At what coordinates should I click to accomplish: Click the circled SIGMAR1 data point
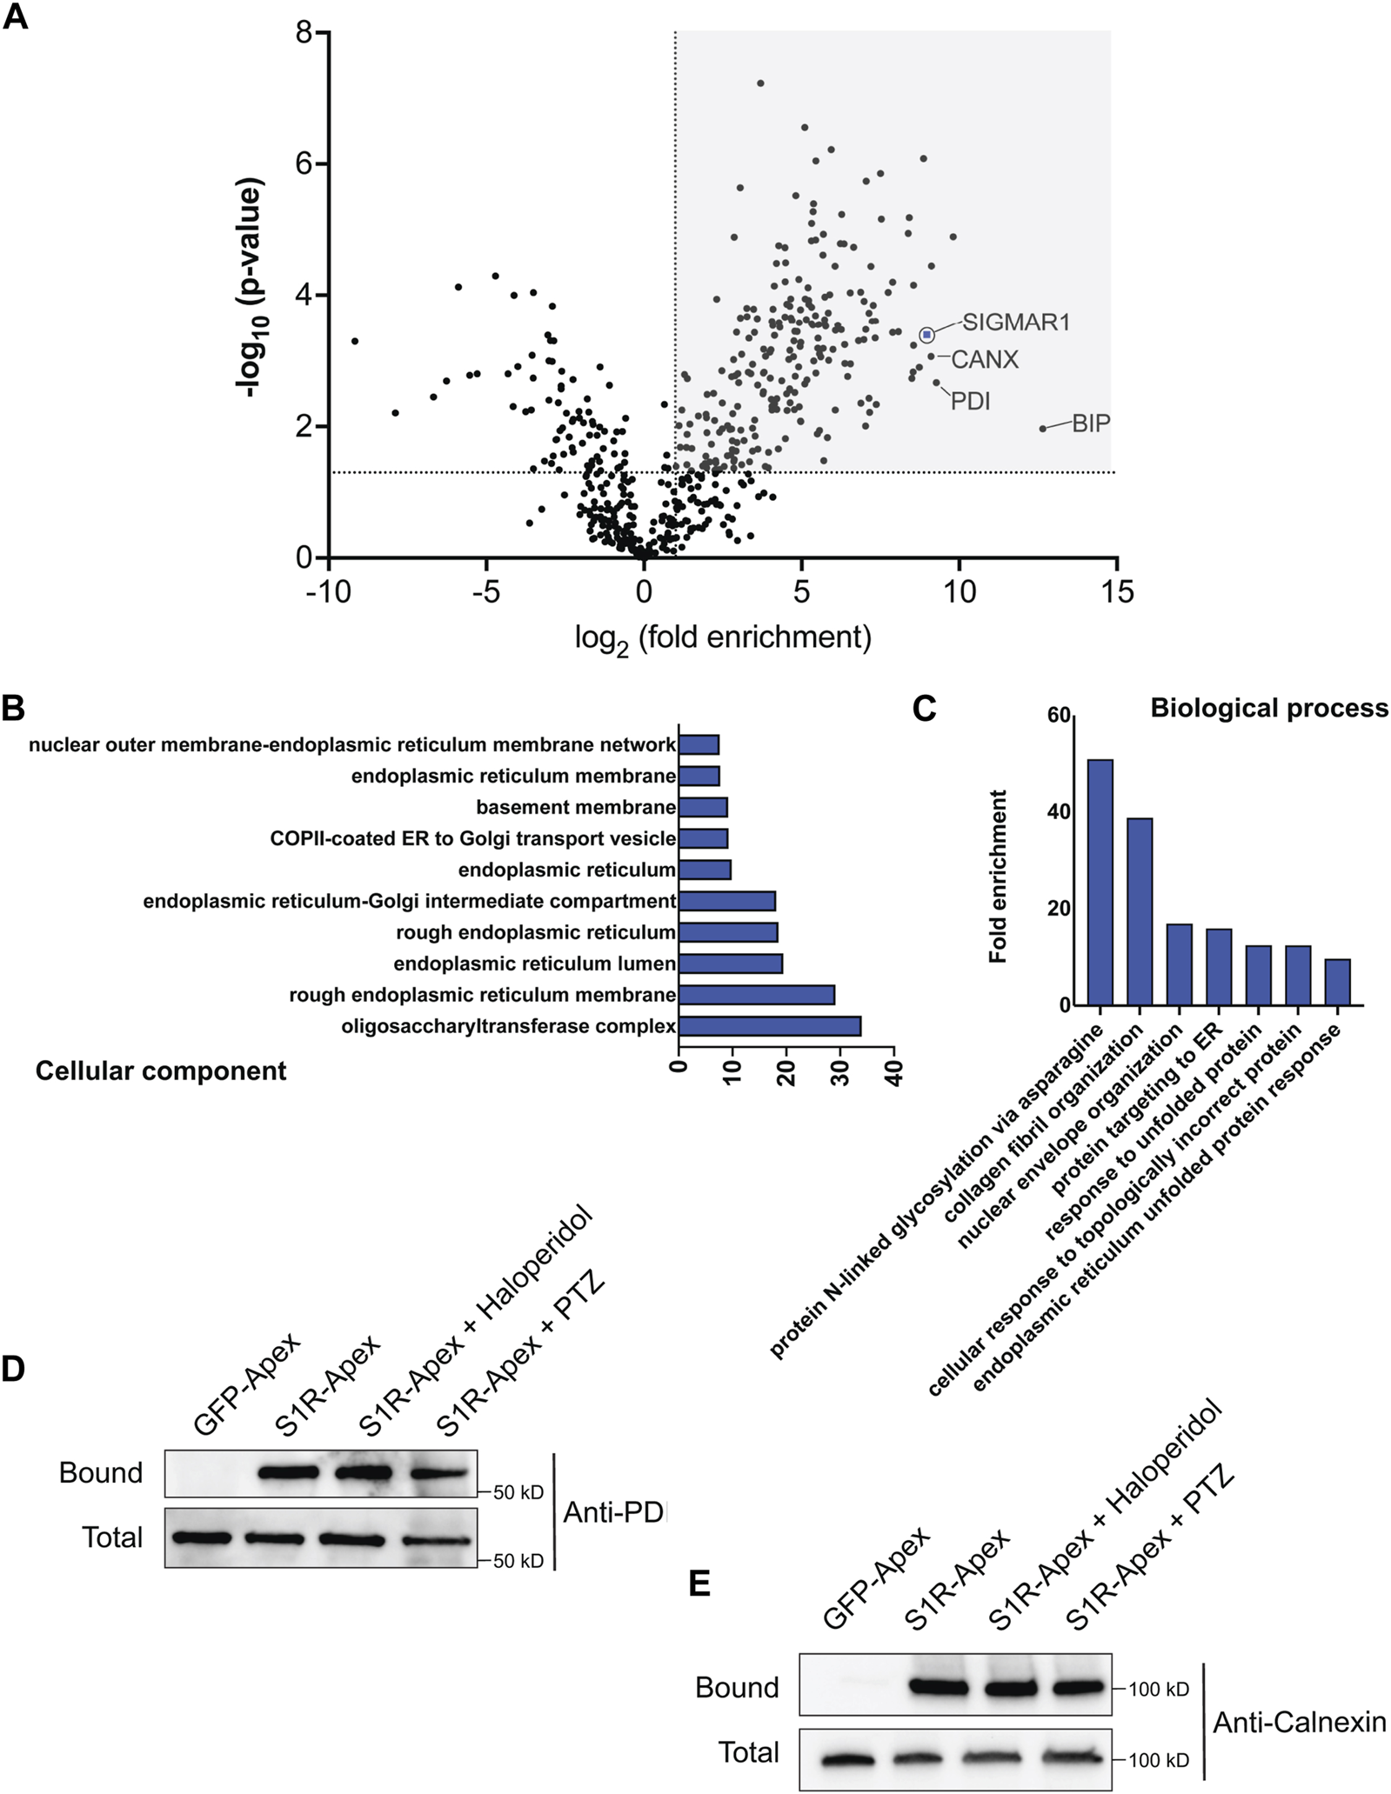(926, 335)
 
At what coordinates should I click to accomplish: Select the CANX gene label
(984, 359)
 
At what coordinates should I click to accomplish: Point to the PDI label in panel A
(970, 402)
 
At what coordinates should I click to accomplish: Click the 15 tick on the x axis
(1117, 592)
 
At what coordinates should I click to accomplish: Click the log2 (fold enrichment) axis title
(723, 637)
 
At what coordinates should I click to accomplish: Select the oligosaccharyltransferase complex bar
(769, 1026)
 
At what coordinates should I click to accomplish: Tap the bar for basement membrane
(702, 808)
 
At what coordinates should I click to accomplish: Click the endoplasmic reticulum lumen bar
(730, 964)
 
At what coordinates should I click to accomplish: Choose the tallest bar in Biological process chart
(1100, 882)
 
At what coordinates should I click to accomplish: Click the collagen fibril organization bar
(1140, 910)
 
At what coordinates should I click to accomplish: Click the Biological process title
(1268, 709)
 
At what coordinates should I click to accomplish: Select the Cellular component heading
(161, 1070)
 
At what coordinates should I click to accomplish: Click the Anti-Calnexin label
(1299, 1722)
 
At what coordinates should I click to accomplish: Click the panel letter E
(699, 1584)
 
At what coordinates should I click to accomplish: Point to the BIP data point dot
(1043, 428)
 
